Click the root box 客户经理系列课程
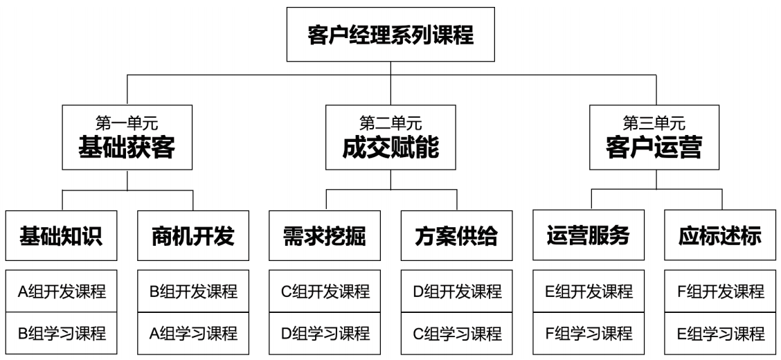pos(390,35)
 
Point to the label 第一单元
pos(127,124)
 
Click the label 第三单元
pos(654,124)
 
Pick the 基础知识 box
pos(62,236)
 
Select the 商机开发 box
pos(193,236)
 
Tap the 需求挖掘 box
pos(325,236)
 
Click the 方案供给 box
pos(457,236)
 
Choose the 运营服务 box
pos(589,236)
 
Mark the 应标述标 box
pos(721,236)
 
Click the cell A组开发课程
pos(62,291)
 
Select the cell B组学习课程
pos(62,334)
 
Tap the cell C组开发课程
pos(325,291)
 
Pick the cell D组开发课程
pos(457,291)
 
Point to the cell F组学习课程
pos(589,334)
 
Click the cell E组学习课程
pos(721,334)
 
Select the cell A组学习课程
pos(193,334)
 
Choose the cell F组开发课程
pos(721,291)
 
